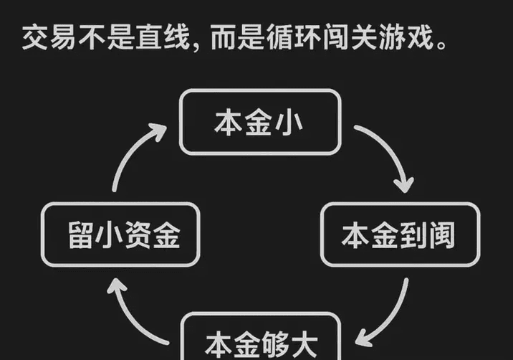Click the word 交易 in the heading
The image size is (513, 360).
(x=49, y=38)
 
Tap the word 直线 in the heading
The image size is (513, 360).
(x=163, y=38)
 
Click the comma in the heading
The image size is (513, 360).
(x=196, y=47)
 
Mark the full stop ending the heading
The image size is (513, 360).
(x=441, y=45)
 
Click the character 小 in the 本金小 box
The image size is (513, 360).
(x=289, y=123)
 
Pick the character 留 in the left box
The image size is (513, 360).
(x=80, y=235)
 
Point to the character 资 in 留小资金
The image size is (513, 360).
(x=138, y=235)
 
